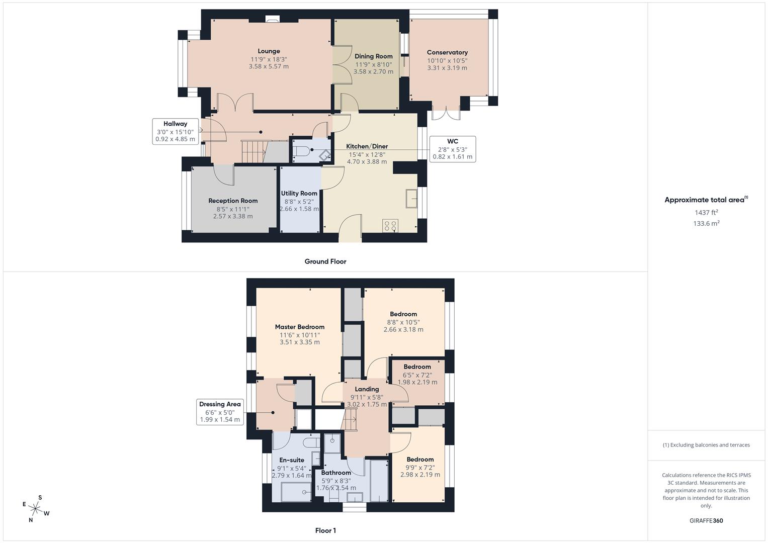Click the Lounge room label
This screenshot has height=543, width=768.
269,51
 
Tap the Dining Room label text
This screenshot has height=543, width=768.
373,56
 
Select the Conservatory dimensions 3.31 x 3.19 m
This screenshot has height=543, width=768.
447,68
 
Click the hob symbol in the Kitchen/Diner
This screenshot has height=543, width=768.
390,225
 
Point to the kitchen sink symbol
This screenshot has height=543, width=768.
411,198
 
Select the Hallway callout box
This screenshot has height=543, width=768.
175,131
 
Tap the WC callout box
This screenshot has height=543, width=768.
452,149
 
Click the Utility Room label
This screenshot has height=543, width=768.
299,193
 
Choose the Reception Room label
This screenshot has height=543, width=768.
233,201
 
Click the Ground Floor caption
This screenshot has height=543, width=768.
325,261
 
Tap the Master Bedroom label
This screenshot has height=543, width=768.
299,327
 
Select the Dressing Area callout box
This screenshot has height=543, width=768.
220,412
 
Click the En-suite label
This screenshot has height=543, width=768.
292,460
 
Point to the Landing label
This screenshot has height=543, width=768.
367,389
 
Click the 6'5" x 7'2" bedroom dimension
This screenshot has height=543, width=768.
417,375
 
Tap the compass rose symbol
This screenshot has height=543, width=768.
36,508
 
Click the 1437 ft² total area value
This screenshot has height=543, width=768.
706,213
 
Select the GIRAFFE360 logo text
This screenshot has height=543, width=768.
706,520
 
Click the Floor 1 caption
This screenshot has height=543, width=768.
325,530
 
